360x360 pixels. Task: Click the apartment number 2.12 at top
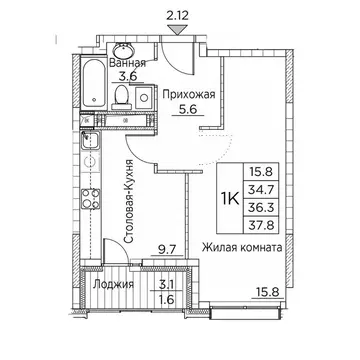177,17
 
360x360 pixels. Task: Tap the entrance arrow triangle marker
177,30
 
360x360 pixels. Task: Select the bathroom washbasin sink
123,50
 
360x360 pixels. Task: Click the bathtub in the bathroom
94,83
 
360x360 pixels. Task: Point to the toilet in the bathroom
121,97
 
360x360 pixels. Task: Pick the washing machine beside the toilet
144,97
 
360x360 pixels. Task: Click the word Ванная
128,63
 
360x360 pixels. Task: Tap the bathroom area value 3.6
128,77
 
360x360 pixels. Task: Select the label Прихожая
189,95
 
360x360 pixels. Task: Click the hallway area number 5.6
188,109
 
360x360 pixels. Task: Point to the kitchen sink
90,141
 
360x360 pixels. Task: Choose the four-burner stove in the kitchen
91,198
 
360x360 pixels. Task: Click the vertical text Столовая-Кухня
129,201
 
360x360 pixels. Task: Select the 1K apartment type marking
230,199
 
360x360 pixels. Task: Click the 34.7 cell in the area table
261,190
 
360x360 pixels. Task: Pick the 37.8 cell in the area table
261,225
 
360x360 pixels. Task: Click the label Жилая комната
243,248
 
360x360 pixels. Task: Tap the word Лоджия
113,285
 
